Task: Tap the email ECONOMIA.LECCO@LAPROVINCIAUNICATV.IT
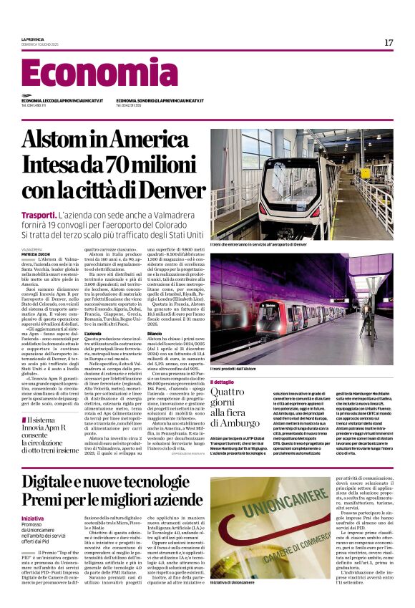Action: click(62, 101)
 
